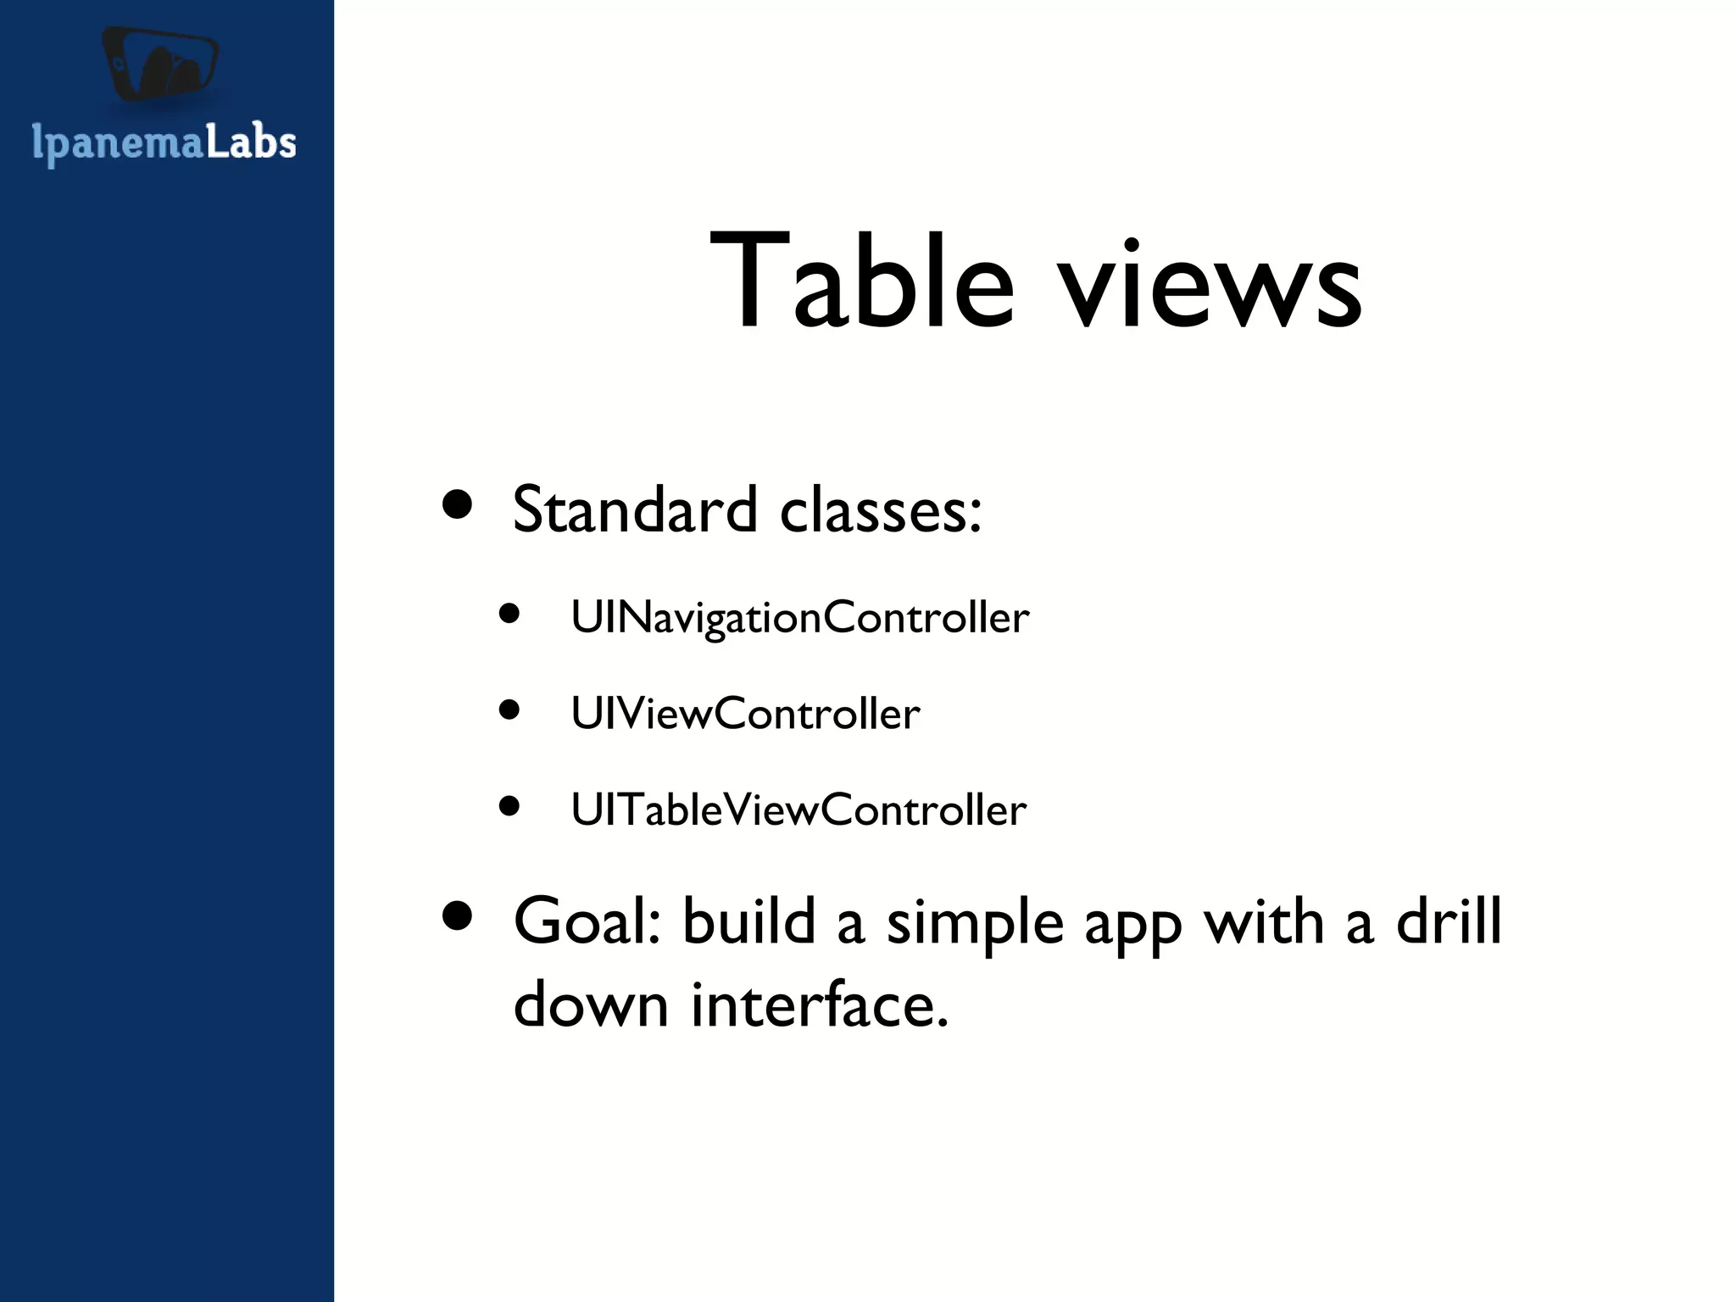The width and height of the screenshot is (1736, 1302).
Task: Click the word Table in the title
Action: tap(861, 281)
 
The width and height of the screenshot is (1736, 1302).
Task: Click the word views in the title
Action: tap(1211, 285)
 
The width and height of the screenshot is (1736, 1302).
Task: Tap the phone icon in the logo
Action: tap(161, 64)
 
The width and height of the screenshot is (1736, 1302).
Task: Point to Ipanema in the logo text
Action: tap(118, 144)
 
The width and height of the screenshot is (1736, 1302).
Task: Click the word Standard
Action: tap(634, 510)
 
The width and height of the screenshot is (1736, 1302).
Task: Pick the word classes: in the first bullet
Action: tap(881, 510)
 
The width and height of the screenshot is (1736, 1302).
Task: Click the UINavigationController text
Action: tap(799, 617)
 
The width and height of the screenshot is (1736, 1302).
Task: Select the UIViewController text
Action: tap(745, 714)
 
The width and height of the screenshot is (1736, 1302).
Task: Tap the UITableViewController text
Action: tap(798, 810)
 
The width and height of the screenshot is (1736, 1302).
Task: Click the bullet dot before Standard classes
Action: tap(458, 505)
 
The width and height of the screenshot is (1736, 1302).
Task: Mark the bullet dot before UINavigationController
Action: tap(509, 613)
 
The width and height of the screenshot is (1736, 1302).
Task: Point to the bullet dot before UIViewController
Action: tap(509, 709)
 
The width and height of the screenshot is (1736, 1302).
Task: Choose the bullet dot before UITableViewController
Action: tap(509, 805)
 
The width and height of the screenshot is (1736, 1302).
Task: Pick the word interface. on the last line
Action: tap(820, 1004)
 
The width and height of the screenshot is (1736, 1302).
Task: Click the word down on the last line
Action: tap(592, 1004)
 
